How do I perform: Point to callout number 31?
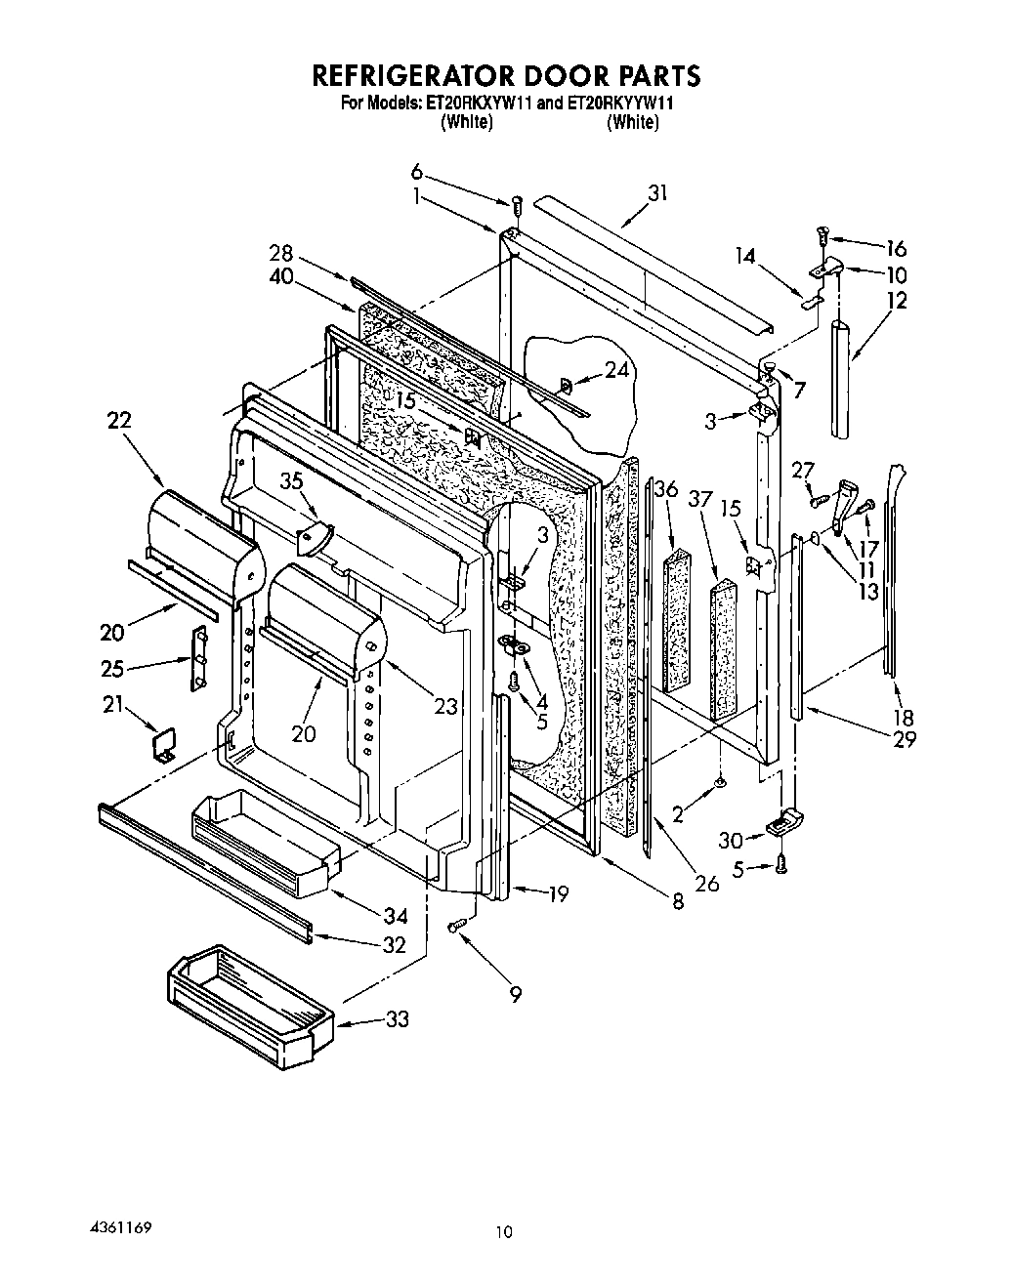[x=657, y=192]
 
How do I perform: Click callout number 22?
[x=119, y=420]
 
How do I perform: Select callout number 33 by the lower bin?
[x=397, y=1019]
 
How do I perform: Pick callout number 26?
[x=706, y=883]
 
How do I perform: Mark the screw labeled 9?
[x=455, y=926]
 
